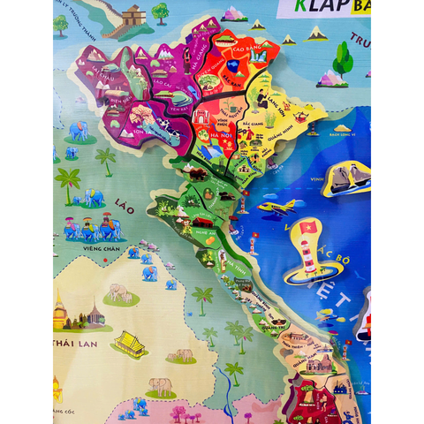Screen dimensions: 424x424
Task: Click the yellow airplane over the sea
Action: pos(277,208)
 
